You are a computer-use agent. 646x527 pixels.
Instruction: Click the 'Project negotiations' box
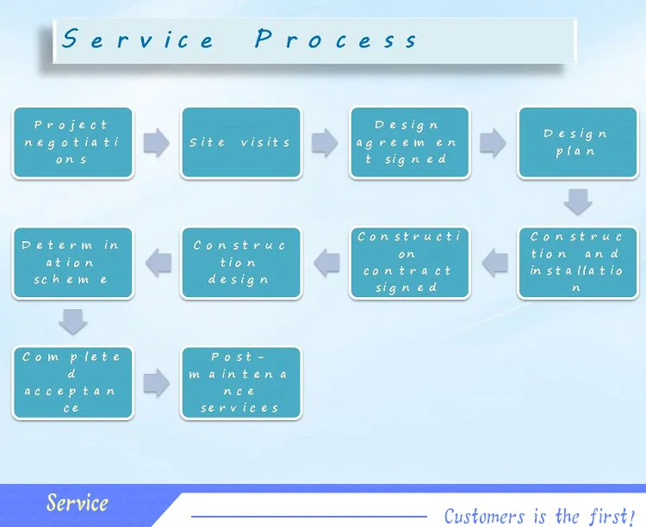point(73,143)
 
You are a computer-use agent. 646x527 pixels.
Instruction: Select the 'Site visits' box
point(241,143)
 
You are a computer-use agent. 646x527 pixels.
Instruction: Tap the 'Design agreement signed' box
point(409,143)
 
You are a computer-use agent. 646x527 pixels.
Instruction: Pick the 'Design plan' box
point(577,143)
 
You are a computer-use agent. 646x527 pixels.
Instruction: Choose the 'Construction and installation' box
point(577,263)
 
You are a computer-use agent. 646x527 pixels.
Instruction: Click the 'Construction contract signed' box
point(409,263)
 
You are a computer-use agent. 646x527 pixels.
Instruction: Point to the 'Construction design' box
point(241,263)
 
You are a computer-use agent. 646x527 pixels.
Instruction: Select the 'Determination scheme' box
point(73,263)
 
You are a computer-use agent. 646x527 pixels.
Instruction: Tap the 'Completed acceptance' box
point(73,382)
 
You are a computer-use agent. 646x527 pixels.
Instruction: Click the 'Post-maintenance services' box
point(241,382)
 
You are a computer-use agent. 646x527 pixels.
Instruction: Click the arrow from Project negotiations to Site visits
point(157,143)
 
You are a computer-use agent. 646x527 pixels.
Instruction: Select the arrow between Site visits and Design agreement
point(325,143)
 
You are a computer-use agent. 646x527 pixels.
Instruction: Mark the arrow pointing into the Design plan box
point(493,143)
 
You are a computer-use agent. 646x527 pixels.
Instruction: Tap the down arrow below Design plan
point(577,202)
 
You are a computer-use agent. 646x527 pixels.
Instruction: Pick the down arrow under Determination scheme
point(73,322)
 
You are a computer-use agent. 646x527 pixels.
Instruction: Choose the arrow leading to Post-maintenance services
point(157,383)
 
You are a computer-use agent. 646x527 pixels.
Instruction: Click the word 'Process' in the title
point(336,40)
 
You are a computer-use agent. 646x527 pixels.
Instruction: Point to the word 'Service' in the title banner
point(138,40)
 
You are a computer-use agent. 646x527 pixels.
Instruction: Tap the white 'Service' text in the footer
point(78,504)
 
